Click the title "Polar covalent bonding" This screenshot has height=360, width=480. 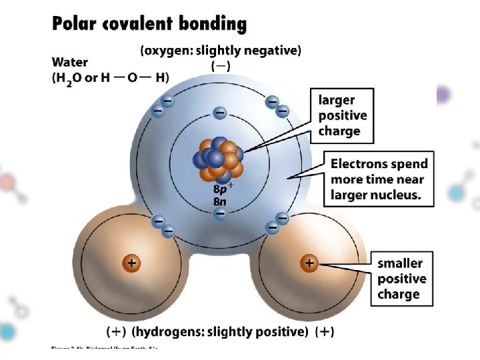pyautogui.click(x=149, y=25)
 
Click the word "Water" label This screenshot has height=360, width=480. pyautogui.click(x=70, y=63)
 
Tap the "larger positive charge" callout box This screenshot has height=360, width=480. pyautogui.click(x=343, y=115)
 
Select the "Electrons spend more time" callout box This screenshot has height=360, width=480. pyautogui.click(x=379, y=179)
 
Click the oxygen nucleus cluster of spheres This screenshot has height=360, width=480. pyautogui.click(x=219, y=160)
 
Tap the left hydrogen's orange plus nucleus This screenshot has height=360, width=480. pyautogui.click(x=132, y=263)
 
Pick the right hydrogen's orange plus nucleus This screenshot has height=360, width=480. pyautogui.click(x=309, y=263)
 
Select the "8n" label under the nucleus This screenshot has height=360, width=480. pyautogui.click(x=220, y=200)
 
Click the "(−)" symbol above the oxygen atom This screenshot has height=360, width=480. pyautogui.click(x=221, y=67)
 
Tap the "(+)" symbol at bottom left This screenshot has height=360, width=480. pyautogui.click(x=117, y=331)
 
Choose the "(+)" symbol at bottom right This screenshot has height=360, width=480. pyautogui.click(x=325, y=331)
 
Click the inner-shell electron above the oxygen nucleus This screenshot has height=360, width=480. pyautogui.click(x=219, y=112)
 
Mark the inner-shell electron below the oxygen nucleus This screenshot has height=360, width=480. pyautogui.click(x=220, y=213)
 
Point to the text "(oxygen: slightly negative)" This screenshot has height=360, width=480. pyautogui.click(x=221, y=49)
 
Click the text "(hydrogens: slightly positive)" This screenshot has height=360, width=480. pyautogui.click(x=220, y=331)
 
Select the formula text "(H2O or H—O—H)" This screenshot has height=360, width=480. pyautogui.click(x=110, y=78)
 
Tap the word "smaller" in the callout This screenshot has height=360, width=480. pyautogui.click(x=400, y=263)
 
